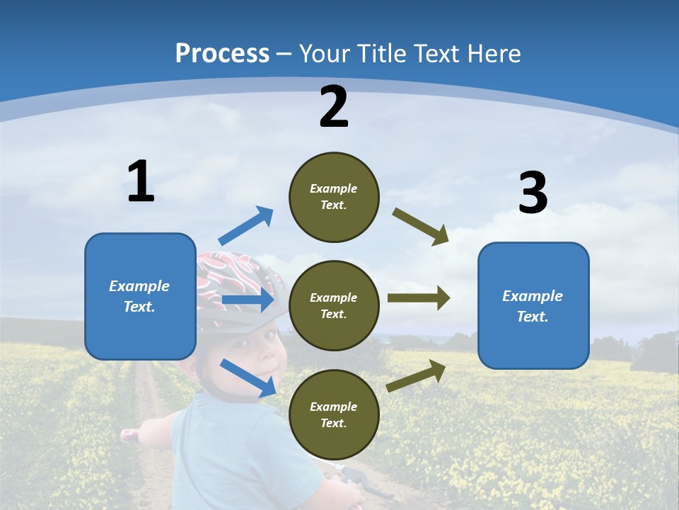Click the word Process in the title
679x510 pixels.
(x=222, y=53)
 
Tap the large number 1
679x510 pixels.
(x=141, y=181)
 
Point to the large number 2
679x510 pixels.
(x=334, y=108)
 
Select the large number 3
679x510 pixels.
(x=533, y=193)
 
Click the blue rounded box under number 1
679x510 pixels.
(x=140, y=296)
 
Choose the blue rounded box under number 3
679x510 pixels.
(x=533, y=305)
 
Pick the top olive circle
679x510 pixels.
(x=334, y=197)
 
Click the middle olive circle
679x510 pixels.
(x=334, y=305)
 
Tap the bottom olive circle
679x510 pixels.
(x=334, y=414)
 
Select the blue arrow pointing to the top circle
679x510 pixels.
(x=246, y=226)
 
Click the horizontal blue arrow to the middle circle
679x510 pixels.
(x=248, y=300)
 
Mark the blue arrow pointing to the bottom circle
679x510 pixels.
(x=248, y=378)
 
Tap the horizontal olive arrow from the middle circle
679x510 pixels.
(x=419, y=298)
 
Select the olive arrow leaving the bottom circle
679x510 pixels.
(x=417, y=375)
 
